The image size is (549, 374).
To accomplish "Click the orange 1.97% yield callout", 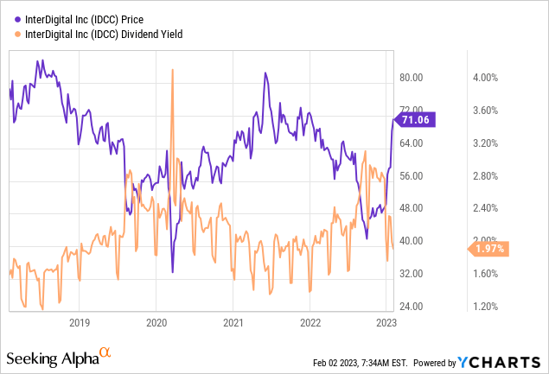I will (x=489, y=249).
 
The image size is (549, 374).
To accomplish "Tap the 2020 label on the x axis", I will (x=156, y=322).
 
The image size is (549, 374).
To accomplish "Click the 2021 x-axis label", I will (x=232, y=322).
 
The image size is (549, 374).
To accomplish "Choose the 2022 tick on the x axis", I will (x=309, y=322).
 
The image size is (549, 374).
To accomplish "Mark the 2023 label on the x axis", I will (x=385, y=322).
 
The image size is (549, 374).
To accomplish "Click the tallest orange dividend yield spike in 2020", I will (x=173, y=71).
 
